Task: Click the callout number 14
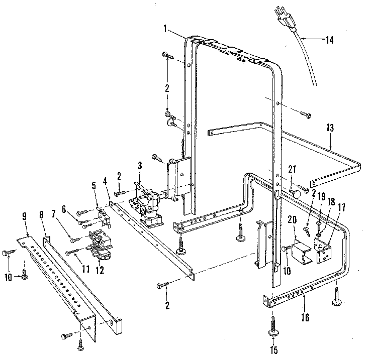point(329,41)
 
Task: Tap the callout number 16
point(306,317)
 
